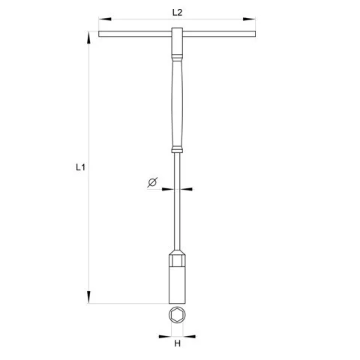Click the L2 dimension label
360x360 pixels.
[x=177, y=12]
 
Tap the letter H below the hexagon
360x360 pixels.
[x=178, y=344]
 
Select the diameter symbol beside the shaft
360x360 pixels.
[x=151, y=181]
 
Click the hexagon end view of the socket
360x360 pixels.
[x=177, y=316]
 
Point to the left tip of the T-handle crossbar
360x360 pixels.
[x=100, y=33]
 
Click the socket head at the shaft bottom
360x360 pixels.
[x=177, y=277]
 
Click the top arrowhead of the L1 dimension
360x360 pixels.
[x=91, y=34]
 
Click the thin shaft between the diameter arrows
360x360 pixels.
[x=177, y=188]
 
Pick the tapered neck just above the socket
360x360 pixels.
[x=177, y=250]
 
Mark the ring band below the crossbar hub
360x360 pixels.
[x=177, y=55]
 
